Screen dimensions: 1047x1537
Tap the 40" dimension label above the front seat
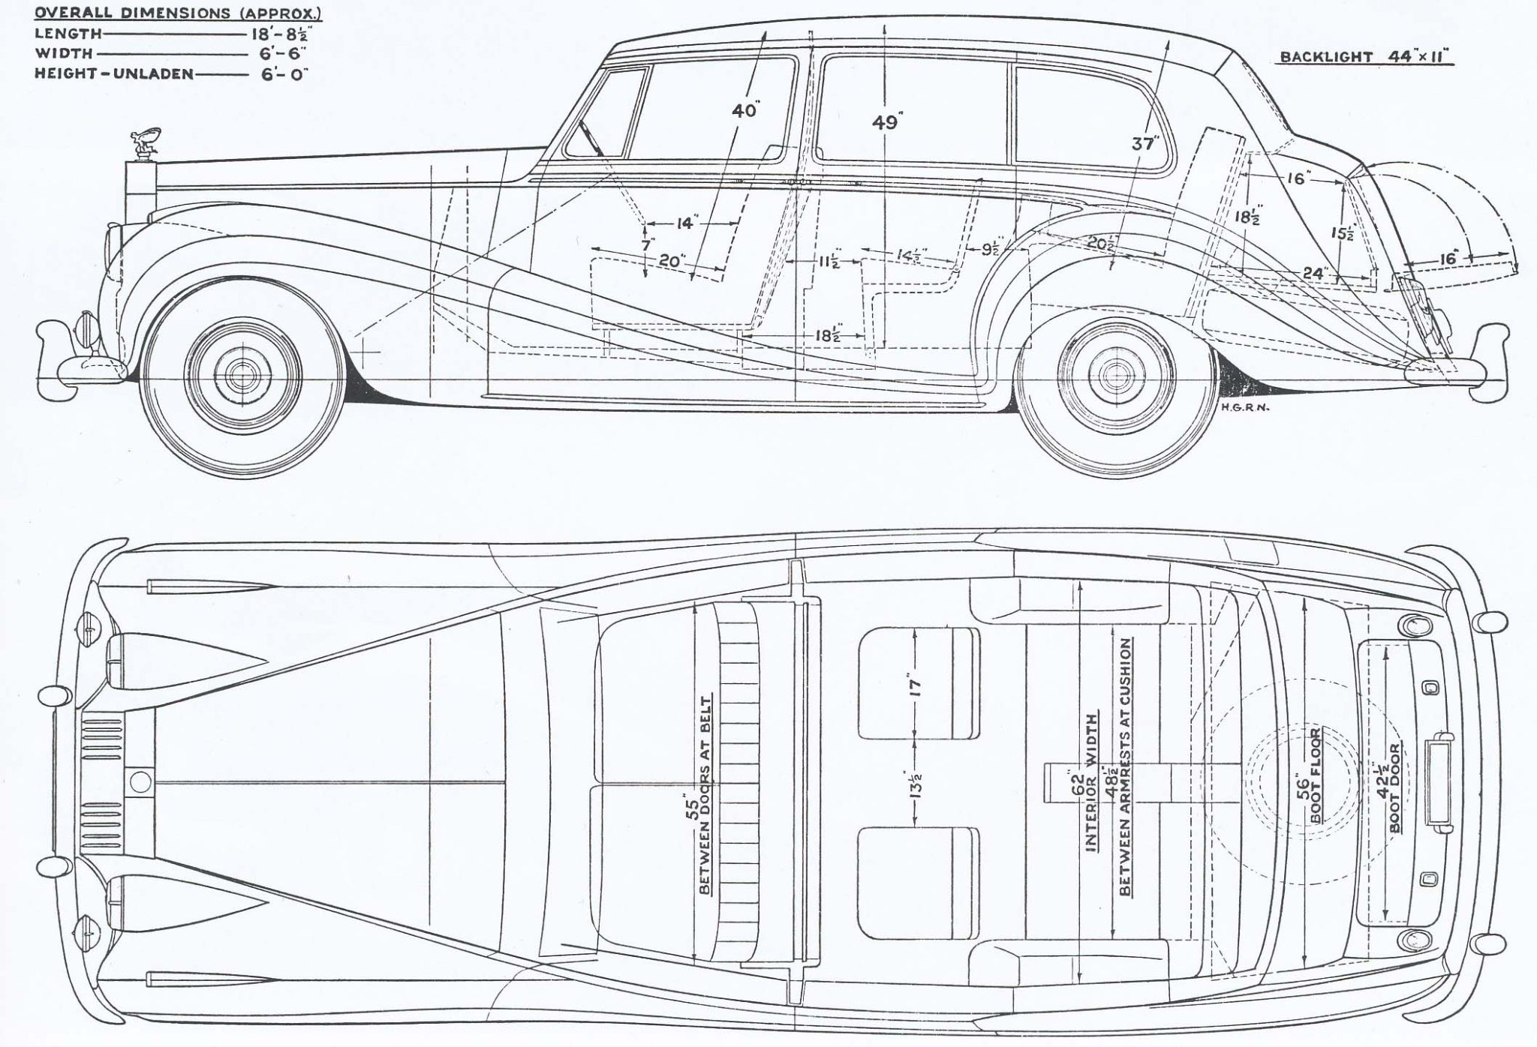pyautogui.click(x=744, y=111)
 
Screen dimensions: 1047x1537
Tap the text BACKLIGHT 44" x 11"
pyautogui.click(x=1367, y=57)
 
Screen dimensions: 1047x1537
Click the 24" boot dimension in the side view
pyautogui.click(x=1314, y=274)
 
